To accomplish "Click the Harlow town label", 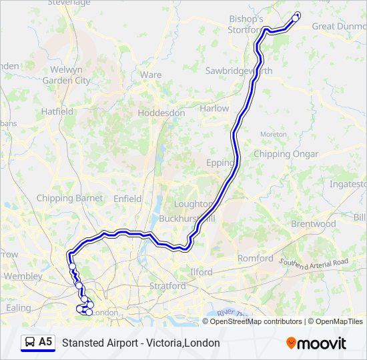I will tap(214, 108).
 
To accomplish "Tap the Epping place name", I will tap(221, 162).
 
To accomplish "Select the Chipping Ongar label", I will tap(286, 154).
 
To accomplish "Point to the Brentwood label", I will tap(313, 224).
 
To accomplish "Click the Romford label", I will tap(256, 258).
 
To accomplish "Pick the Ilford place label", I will tap(201, 272).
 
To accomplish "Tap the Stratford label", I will tap(167, 285).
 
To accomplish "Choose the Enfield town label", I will tap(127, 199).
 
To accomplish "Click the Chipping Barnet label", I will tap(70, 198).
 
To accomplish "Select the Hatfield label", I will tap(57, 112).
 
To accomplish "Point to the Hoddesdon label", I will tap(161, 113).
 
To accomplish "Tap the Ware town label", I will tap(151, 75).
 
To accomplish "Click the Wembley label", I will tap(23, 276).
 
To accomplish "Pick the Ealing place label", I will tap(18, 307).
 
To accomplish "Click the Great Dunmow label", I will tap(339, 27).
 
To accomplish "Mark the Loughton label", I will tap(193, 204).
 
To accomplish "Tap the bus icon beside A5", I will tap(30, 343).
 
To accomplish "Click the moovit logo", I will tap(316, 343).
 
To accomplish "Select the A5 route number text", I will tap(45, 342).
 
